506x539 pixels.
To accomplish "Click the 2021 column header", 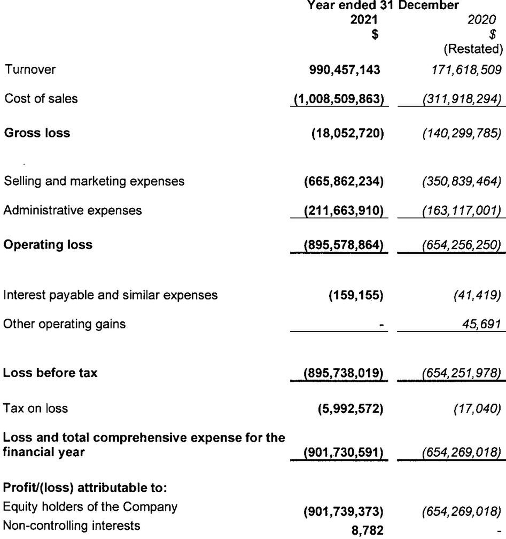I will point(368,20).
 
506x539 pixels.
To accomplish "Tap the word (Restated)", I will point(473,50).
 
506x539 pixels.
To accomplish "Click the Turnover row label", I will point(30,69).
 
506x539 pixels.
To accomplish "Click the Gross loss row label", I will point(37,133).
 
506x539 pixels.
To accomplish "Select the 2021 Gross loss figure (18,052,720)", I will point(348,133).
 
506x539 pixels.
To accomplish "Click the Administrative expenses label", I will point(73,210).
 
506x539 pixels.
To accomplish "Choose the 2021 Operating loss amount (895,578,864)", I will point(344,245).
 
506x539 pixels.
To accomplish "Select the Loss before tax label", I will point(51,373).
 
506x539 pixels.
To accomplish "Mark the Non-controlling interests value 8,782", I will point(368,529).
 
